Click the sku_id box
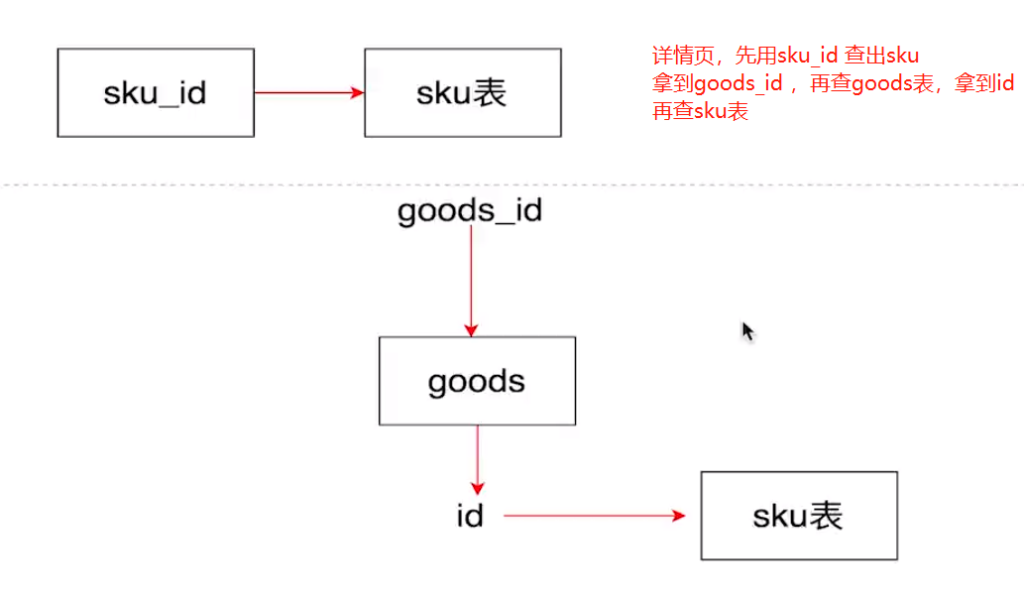[x=156, y=93]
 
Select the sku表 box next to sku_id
[x=462, y=93]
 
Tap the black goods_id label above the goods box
[x=470, y=211]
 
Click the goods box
[x=477, y=381]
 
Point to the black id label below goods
[x=470, y=516]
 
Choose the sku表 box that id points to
[x=798, y=516]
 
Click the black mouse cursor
[x=748, y=331]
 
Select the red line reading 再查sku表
[x=700, y=111]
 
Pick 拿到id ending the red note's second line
[x=983, y=83]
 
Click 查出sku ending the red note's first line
[x=881, y=56]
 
